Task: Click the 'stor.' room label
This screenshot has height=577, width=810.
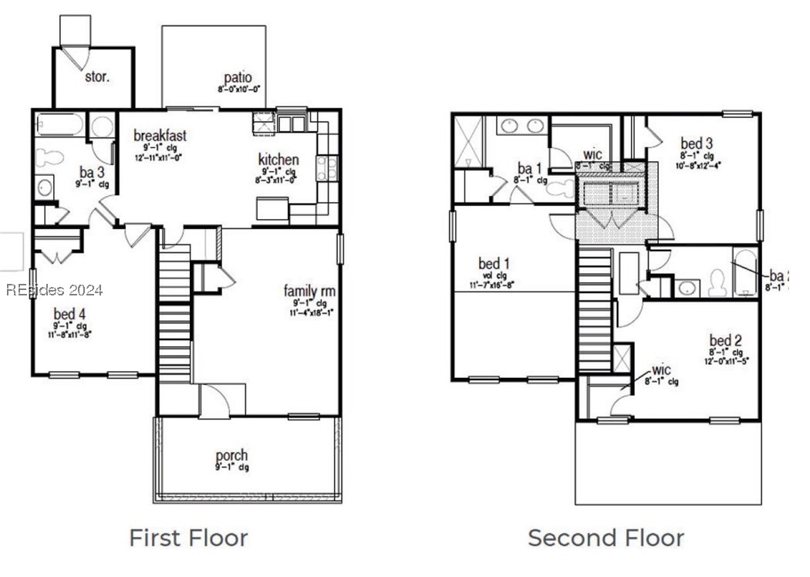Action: (x=96, y=77)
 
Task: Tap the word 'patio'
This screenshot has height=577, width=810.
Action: (x=238, y=77)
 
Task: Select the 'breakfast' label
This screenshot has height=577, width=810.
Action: (x=160, y=135)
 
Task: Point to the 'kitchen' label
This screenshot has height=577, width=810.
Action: (x=278, y=160)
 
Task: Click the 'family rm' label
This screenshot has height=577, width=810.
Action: (x=309, y=291)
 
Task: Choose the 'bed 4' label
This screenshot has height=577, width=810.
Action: (x=69, y=314)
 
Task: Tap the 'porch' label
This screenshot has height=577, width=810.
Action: (x=231, y=455)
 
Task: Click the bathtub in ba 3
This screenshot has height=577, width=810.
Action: (x=59, y=126)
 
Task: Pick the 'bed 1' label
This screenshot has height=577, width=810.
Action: (x=494, y=264)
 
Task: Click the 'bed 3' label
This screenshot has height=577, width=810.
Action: (x=697, y=143)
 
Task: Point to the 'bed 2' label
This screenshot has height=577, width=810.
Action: (x=726, y=340)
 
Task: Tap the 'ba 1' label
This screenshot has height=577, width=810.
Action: (x=528, y=168)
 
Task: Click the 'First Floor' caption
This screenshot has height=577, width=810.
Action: (x=188, y=538)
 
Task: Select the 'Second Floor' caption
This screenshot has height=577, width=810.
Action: (x=606, y=538)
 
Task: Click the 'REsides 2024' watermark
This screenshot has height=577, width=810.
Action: (x=54, y=291)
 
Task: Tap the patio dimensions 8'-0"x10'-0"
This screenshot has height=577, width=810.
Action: (x=238, y=89)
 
